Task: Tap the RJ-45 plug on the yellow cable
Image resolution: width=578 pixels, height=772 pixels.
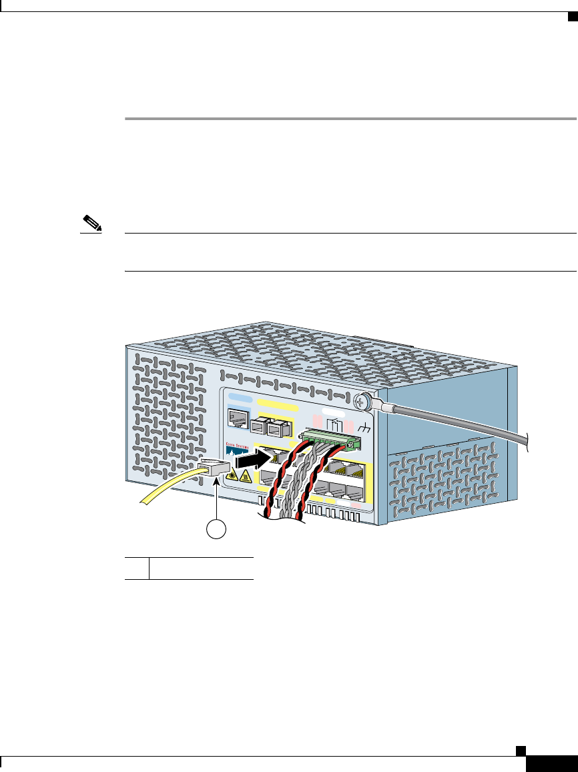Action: [214, 470]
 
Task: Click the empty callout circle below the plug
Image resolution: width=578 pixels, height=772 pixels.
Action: [215, 528]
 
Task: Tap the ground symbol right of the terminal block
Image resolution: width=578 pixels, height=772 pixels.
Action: [364, 429]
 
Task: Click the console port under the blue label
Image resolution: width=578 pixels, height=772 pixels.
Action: [238, 418]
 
